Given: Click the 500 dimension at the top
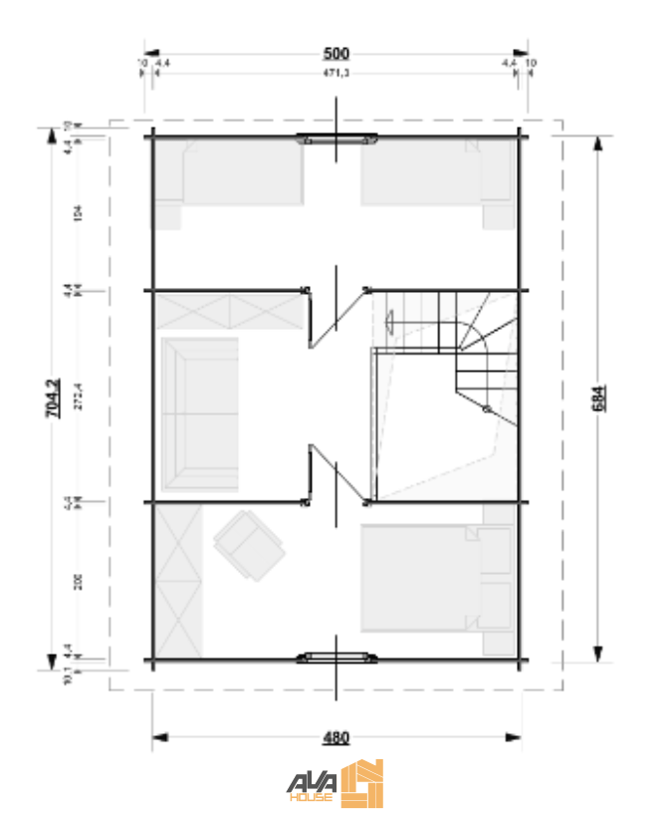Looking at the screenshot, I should [x=334, y=52].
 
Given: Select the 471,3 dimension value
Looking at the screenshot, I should [x=334, y=74].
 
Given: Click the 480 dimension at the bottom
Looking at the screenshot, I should [x=336, y=738].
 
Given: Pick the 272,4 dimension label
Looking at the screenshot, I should [x=78, y=398].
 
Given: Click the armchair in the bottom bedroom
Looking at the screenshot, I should [x=248, y=544].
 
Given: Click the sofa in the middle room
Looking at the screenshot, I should [x=200, y=413].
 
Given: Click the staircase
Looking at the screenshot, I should [x=468, y=349].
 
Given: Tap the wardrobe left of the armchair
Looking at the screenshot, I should [x=179, y=578].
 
